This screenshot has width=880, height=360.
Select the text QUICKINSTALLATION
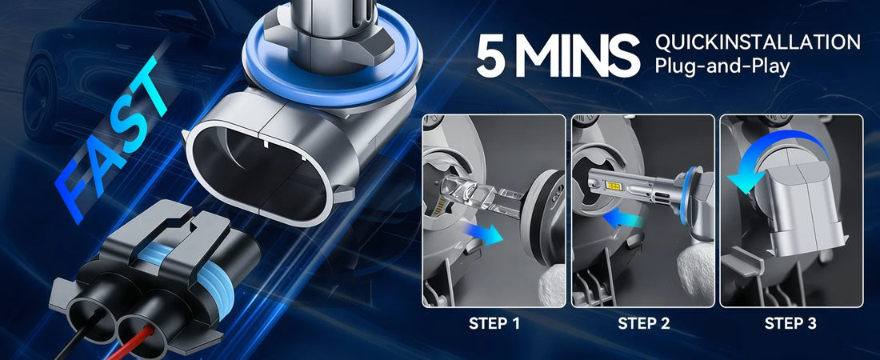coord(758,42)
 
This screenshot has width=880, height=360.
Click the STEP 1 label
coord(494,324)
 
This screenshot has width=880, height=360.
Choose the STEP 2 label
coord(644,324)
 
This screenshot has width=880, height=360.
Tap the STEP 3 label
coord(790,324)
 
